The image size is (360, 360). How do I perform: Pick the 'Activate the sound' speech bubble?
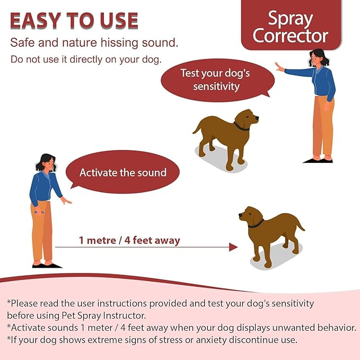[x=122, y=172]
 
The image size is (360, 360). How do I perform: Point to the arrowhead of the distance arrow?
[x=233, y=247]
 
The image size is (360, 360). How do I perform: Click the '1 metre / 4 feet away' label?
[x=129, y=240]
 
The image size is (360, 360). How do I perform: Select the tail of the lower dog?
[x=300, y=225]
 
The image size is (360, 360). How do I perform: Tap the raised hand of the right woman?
[x=278, y=67]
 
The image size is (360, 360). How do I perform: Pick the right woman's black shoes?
[x=318, y=159]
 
